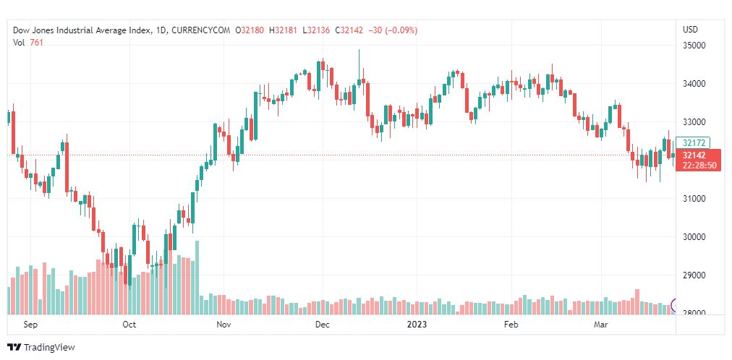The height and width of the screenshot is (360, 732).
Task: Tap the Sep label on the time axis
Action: click(x=30, y=325)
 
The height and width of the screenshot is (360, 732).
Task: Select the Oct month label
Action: click(x=129, y=325)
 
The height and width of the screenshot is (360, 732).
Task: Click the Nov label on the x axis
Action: click(x=224, y=325)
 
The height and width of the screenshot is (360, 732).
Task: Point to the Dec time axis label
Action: click(x=323, y=325)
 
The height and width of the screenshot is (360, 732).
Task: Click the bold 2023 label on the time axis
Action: click(x=417, y=325)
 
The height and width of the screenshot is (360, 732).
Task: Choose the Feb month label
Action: click(x=511, y=325)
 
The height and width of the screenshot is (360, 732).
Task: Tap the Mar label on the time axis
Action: click(x=601, y=325)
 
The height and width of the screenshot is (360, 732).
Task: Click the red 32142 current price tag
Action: click(x=699, y=155)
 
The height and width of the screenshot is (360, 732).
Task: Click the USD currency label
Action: click(x=690, y=30)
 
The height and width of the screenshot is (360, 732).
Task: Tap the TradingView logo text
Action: click(x=49, y=348)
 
